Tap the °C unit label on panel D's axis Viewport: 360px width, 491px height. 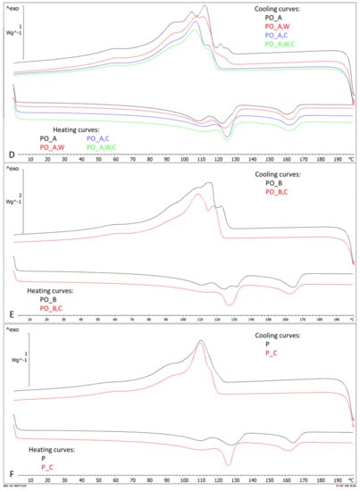coord(351,160)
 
